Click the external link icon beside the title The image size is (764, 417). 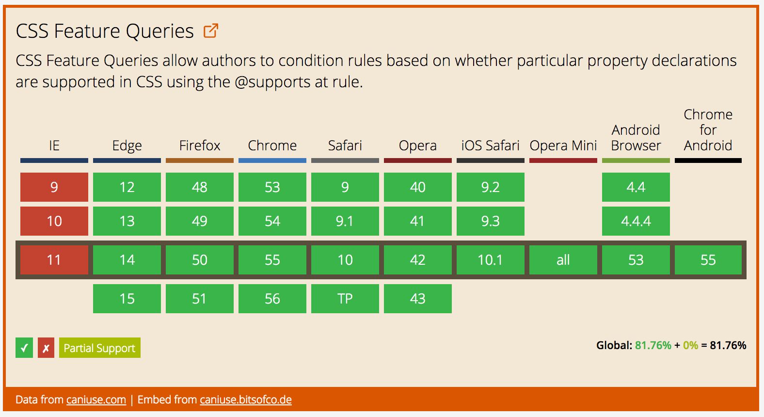pos(211,31)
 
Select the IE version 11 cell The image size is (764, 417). pos(54,260)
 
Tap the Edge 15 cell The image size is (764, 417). pos(127,299)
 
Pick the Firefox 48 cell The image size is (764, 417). pos(200,187)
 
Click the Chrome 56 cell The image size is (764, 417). pos(272,299)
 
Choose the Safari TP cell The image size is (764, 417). pos(345,299)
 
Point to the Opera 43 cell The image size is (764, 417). pos(417,299)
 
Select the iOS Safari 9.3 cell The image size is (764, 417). pos(490,221)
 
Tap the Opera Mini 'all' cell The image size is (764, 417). pos(563,260)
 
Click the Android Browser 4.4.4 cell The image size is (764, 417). pos(636,221)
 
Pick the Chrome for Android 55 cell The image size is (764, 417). pos(708,260)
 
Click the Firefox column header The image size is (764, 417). pos(200,146)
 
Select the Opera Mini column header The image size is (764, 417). pos(563,146)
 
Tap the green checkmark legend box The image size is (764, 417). pos(24,348)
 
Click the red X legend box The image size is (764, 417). pos(46,348)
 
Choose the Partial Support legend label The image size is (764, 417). pos(99,348)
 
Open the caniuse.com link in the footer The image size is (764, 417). pos(96,400)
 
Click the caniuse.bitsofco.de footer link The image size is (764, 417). pos(246,400)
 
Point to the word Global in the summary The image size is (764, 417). pos(614,345)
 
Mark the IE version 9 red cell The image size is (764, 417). pos(54,187)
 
